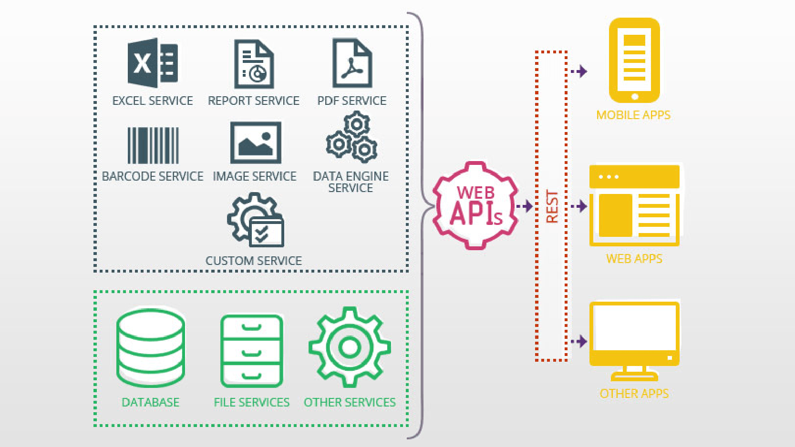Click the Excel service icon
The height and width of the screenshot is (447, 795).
153,63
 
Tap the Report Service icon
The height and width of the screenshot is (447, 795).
254,64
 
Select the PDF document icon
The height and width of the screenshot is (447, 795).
352,63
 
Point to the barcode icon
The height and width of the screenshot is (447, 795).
153,145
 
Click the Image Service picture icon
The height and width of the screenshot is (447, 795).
256,142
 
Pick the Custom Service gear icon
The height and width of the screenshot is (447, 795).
256,220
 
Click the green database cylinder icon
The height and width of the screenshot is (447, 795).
151,348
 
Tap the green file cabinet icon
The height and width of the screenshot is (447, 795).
252,351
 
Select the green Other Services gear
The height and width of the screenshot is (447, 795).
350,347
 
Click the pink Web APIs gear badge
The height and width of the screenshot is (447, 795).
475,206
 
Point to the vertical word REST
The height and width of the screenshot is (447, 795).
552,206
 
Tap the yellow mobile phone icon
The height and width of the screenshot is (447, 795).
634,61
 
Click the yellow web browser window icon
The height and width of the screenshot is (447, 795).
634,205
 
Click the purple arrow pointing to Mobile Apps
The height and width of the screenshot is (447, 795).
579,71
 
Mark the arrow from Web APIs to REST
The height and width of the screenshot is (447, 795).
525,206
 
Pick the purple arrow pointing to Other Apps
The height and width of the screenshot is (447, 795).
579,341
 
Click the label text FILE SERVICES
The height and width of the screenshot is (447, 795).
251,403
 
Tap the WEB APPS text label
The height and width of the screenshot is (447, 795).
634,259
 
